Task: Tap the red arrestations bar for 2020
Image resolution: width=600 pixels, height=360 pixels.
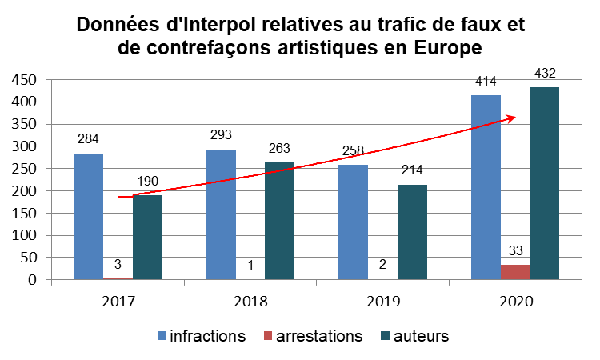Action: (x=515, y=272)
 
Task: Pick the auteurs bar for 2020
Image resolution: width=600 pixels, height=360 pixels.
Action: (x=545, y=183)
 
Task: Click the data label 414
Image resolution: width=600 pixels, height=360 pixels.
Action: (x=486, y=81)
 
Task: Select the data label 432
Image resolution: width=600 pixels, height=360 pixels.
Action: (x=546, y=74)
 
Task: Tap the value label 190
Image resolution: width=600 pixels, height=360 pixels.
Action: (x=147, y=182)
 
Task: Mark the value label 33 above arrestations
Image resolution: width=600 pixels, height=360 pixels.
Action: (x=515, y=250)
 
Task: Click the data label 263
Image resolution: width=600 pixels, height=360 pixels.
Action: (x=279, y=148)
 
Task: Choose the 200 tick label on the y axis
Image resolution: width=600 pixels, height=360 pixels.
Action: (x=24, y=191)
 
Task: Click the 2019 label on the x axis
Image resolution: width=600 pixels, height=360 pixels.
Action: (x=382, y=302)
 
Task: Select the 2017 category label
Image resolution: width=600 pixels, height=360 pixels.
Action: (x=118, y=302)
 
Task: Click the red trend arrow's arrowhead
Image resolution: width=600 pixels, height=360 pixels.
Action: (x=510, y=118)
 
